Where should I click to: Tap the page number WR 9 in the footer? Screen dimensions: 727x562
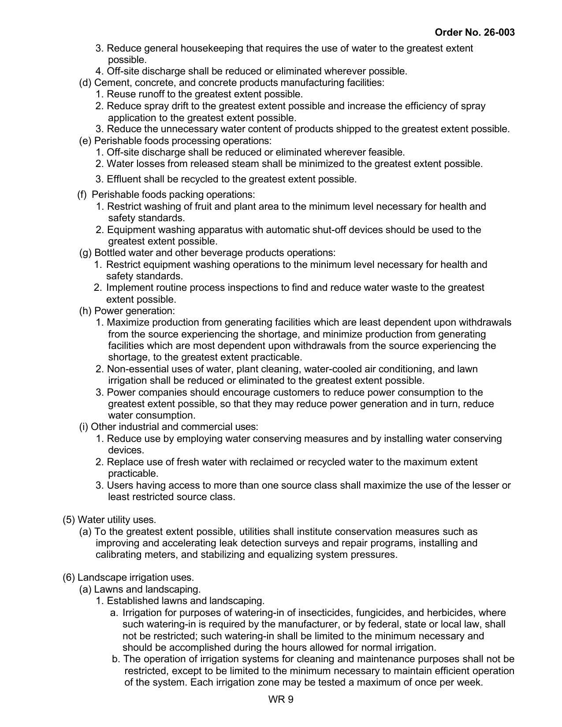(280, 699)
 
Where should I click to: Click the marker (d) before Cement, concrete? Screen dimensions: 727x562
(85, 83)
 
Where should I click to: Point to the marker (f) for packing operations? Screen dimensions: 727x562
(82, 195)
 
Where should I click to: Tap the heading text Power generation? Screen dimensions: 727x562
(134, 311)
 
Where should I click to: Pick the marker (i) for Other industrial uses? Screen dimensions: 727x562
(83, 427)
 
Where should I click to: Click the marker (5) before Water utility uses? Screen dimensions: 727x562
(69, 520)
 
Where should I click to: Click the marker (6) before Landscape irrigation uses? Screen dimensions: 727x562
(69, 578)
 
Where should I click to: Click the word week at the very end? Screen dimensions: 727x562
(470, 682)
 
